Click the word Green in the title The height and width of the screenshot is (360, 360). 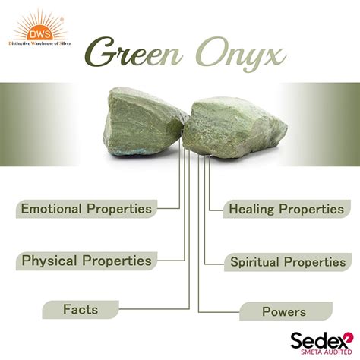(x=134, y=52)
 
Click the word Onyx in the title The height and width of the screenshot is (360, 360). (x=241, y=55)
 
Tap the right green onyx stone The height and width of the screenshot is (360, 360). (x=235, y=128)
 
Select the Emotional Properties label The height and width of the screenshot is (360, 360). (x=87, y=209)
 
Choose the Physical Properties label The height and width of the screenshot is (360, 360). (x=87, y=261)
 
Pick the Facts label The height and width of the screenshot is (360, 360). (x=81, y=310)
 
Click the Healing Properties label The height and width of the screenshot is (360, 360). (x=286, y=209)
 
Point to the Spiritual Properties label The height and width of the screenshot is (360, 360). (x=288, y=262)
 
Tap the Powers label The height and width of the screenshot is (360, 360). (x=286, y=311)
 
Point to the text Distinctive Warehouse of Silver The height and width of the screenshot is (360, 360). (x=40, y=43)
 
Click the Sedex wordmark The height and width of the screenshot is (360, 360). (x=318, y=340)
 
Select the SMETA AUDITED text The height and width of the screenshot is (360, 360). (x=327, y=352)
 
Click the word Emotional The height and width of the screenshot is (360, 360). (x=52, y=209)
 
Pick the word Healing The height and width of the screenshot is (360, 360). (x=251, y=210)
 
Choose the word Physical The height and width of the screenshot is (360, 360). (x=49, y=261)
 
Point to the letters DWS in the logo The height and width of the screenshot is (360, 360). (x=40, y=34)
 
